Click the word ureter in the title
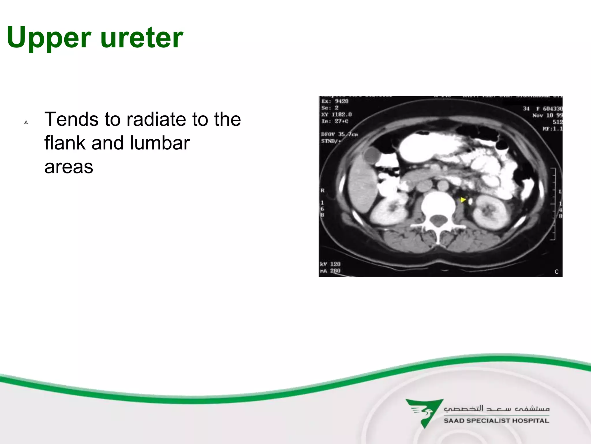pyautogui.click(x=141, y=38)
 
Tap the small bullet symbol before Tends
pyautogui.click(x=26, y=122)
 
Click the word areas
pyautogui.click(x=69, y=167)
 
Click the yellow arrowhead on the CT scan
pyautogui.click(x=463, y=200)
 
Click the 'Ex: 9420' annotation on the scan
pyautogui.click(x=335, y=101)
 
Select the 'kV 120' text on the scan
pyautogui.click(x=330, y=264)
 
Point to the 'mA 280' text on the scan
pyautogui.click(x=330, y=271)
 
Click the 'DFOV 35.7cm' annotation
pyautogui.click(x=339, y=134)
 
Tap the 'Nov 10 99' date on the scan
pyautogui.click(x=547, y=115)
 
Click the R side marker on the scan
pyautogui.click(x=322, y=190)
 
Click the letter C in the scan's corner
pyautogui.click(x=556, y=272)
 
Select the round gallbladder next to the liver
pyautogui.click(x=372, y=155)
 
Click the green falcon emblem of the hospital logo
pyautogui.click(x=424, y=412)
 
